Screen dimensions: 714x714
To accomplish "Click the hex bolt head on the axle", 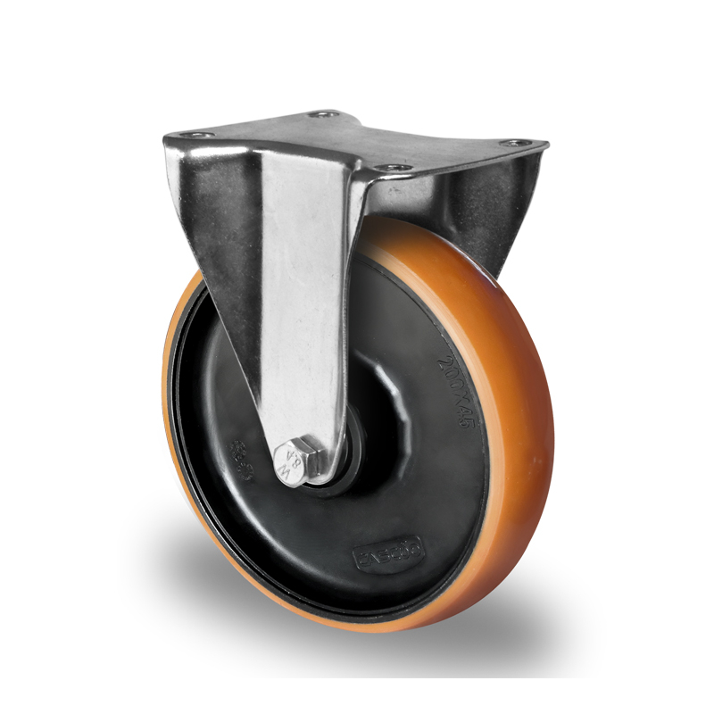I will coord(297,464).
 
